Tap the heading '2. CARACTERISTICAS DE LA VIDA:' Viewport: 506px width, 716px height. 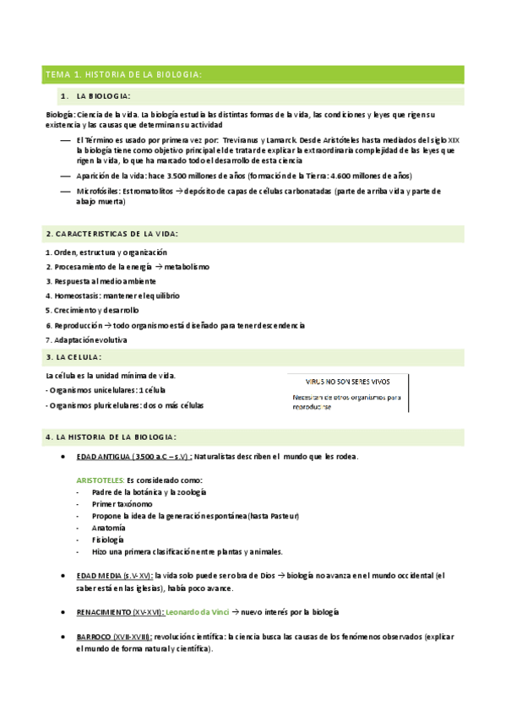click(112, 233)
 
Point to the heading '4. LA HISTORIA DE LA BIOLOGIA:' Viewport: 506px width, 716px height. click(111, 437)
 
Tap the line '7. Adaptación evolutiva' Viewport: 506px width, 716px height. click(86, 339)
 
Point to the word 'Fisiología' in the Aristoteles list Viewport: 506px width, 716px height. click(108, 539)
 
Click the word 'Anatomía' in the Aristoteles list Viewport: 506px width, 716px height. click(108, 527)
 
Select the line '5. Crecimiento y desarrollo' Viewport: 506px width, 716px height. click(92, 310)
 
